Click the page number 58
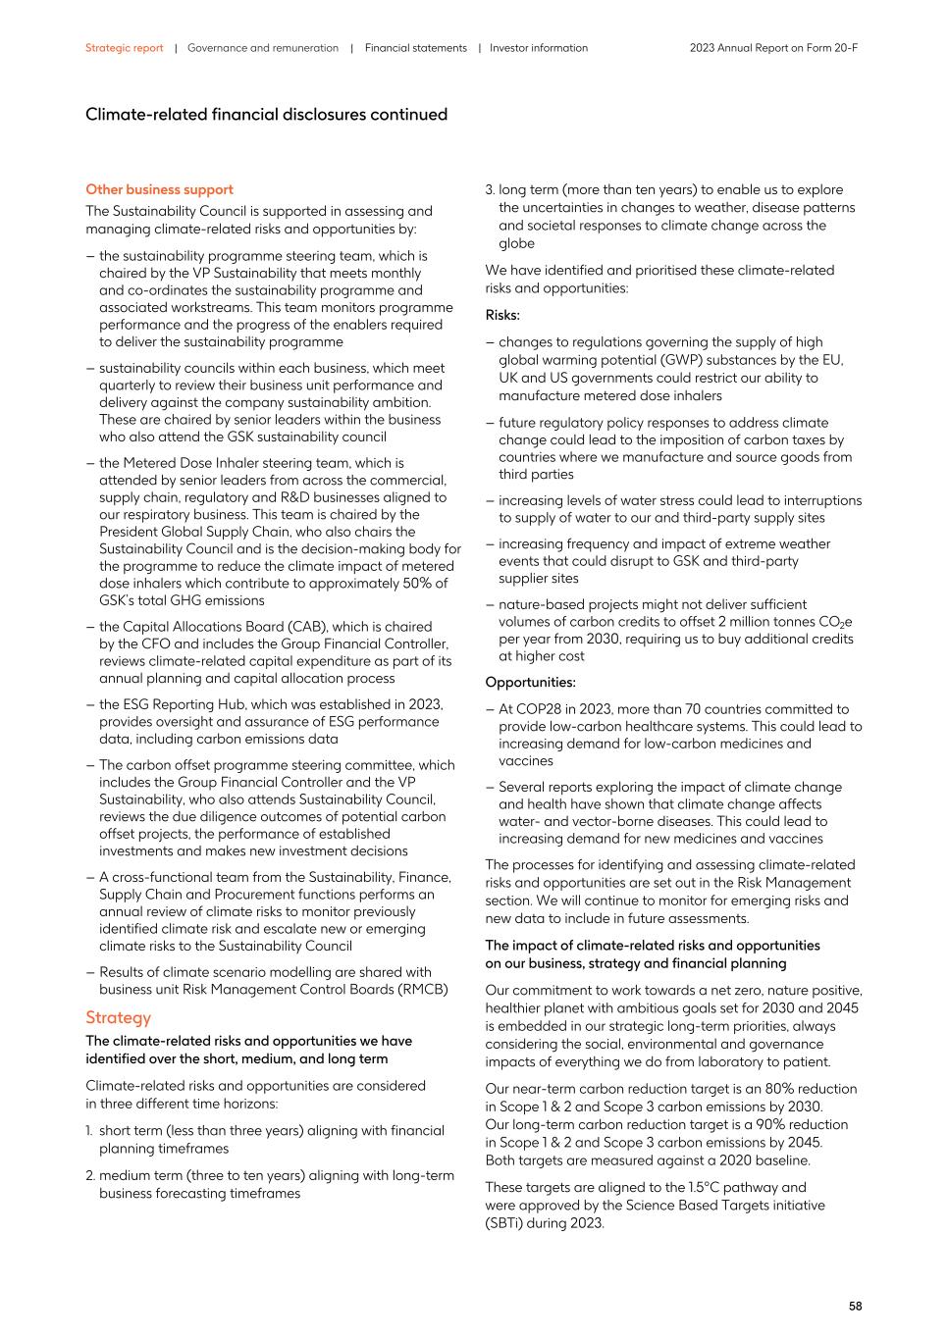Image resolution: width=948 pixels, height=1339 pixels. pyautogui.click(x=855, y=1306)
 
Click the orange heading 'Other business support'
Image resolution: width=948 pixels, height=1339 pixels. pyautogui.click(x=159, y=189)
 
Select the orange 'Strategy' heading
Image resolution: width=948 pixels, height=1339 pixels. pyautogui.click(x=118, y=1017)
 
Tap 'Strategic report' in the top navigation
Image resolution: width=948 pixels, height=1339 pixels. pyautogui.click(x=124, y=48)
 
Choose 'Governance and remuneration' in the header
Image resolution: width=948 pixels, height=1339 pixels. pyautogui.click(x=263, y=48)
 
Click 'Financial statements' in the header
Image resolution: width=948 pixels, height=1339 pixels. pyautogui.click(x=416, y=48)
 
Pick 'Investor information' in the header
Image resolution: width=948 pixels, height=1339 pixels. pyautogui.click(x=539, y=48)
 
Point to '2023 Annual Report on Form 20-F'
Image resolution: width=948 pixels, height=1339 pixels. pyautogui.click(x=773, y=48)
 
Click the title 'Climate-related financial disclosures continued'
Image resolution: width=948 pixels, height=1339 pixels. pyautogui.click(x=266, y=115)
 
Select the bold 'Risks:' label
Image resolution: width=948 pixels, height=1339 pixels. pyautogui.click(x=502, y=316)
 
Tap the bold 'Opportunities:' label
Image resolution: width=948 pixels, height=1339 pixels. pyautogui.click(x=530, y=683)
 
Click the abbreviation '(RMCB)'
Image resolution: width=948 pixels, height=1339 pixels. pyautogui.click(x=423, y=989)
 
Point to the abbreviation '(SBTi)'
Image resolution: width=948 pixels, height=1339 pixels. pyautogui.click(x=505, y=1222)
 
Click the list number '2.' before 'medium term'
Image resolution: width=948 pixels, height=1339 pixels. pyautogui.click(x=91, y=1175)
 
